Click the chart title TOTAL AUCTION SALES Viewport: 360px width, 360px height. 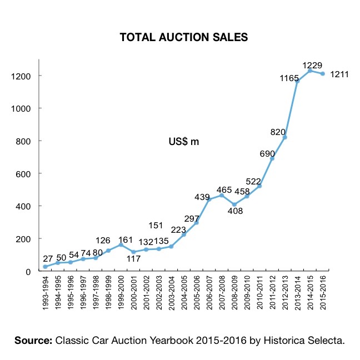[184, 38]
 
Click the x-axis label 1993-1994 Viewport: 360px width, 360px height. [45, 293]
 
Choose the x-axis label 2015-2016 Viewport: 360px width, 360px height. [322, 293]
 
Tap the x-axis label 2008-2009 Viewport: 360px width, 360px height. [234, 293]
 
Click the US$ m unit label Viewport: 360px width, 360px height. [183, 142]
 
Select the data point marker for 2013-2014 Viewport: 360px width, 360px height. [297, 82]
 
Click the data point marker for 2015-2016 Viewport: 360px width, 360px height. [322, 74]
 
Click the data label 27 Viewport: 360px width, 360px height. [48, 259]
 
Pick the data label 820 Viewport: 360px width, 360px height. [278, 131]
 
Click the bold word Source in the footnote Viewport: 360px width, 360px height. [32, 340]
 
